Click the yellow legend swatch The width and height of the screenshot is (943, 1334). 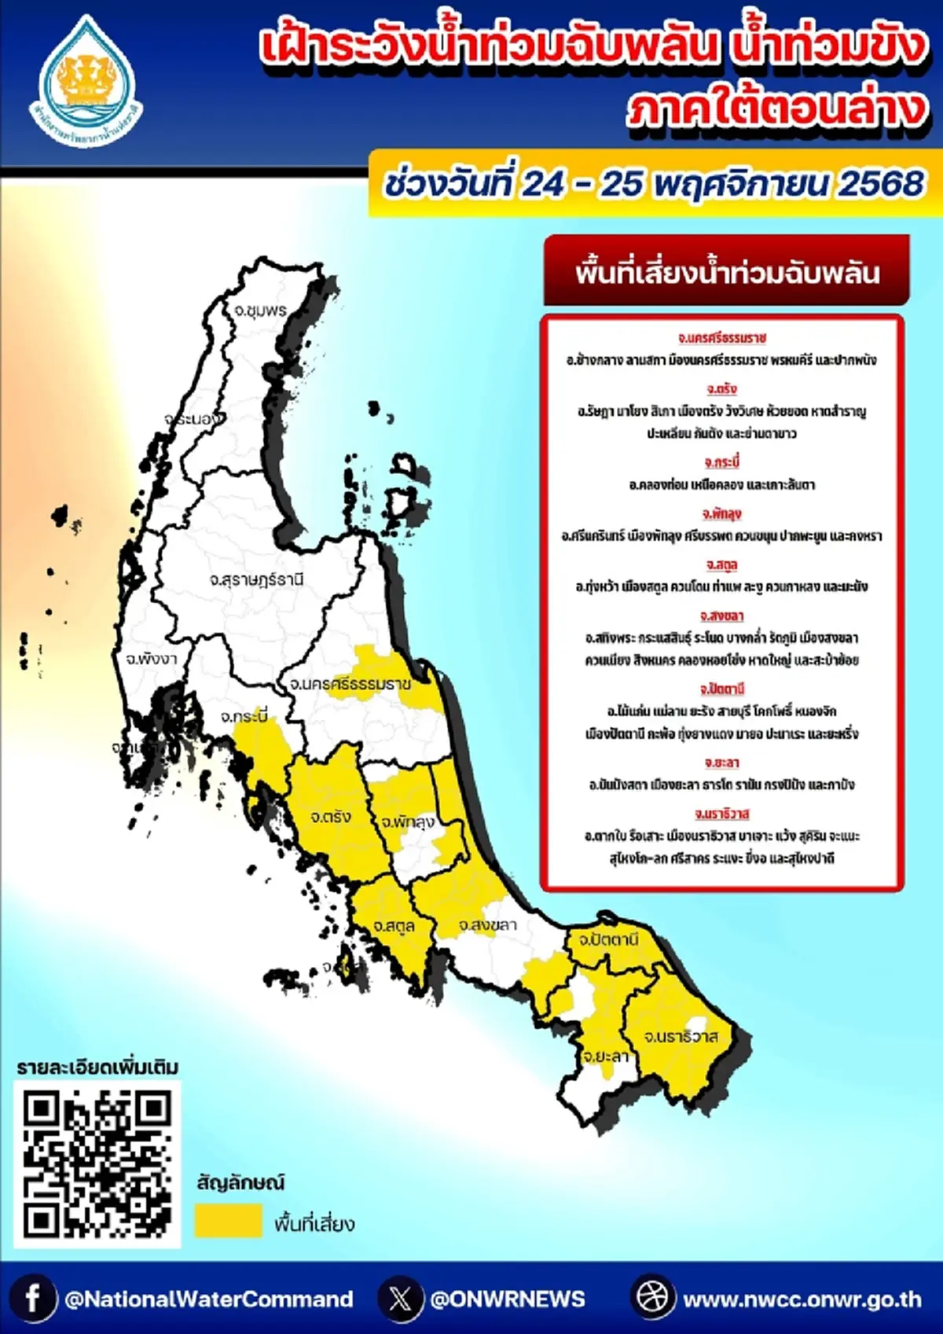coord(228,1221)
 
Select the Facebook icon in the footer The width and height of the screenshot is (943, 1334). coord(33,1298)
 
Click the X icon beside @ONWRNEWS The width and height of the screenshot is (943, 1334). coord(400,1298)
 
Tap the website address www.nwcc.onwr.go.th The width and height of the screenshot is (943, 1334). coord(802,1299)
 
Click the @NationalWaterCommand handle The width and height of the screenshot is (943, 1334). coord(209,1299)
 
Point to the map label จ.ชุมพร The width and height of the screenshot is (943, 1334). coord(260,310)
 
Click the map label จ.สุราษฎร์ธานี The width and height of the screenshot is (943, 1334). coord(256,580)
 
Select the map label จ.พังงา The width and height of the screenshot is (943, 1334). coord(152,658)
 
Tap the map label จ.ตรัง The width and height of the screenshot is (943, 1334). coord(330,817)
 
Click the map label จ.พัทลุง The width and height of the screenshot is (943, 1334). coord(408,822)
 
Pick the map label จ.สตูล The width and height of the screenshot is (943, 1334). coord(394,926)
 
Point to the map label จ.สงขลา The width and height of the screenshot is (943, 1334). coord(487,925)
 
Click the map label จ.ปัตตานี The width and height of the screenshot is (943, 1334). coord(608,939)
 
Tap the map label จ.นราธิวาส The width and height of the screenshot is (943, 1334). coord(681,1037)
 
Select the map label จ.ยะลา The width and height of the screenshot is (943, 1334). coord(605,1056)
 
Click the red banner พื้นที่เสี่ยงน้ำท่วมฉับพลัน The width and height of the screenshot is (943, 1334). coord(726,272)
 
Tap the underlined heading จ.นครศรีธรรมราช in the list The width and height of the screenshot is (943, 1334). coord(721,338)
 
